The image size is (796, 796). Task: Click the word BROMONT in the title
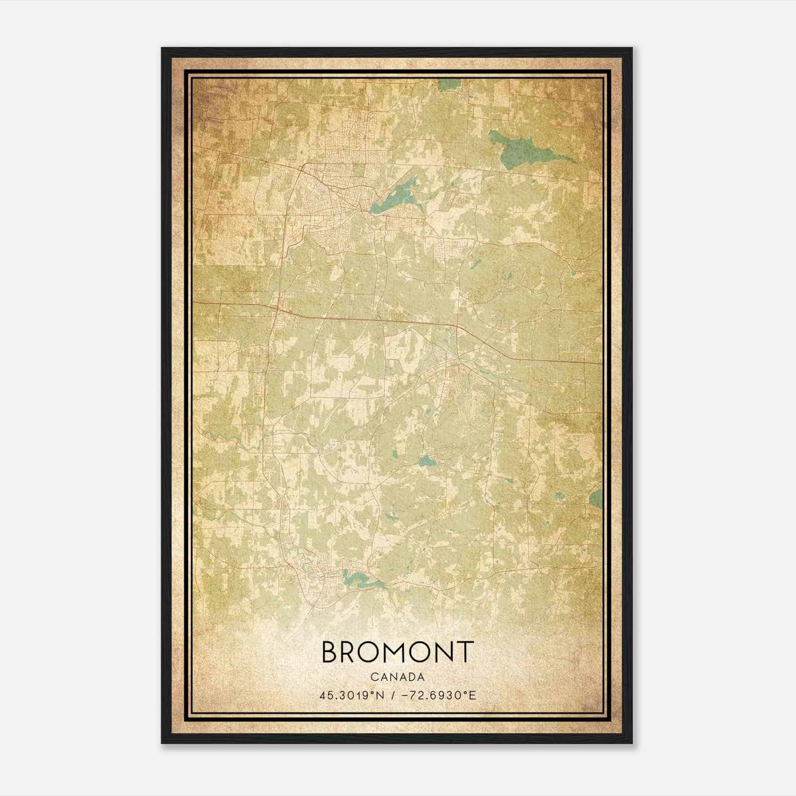click(397, 652)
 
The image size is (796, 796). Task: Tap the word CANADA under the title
click(397, 677)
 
